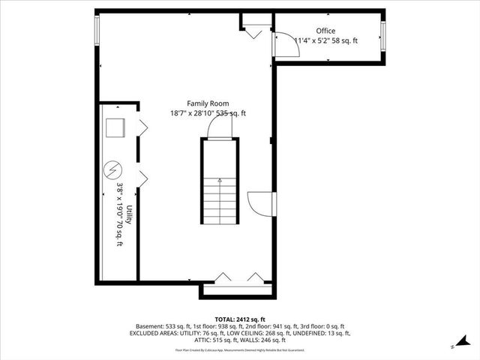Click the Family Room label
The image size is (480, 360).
[x=208, y=103]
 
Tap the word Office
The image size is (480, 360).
[x=326, y=31]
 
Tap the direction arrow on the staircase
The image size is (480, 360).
[x=219, y=181]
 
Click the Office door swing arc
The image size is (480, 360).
[x=288, y=45]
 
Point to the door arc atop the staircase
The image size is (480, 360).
[x=219, y=128]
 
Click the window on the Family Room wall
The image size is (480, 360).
[x=96, y=29]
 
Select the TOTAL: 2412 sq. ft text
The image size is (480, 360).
[x=239, y=319]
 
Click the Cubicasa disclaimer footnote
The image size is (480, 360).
[x=239, y=350]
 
